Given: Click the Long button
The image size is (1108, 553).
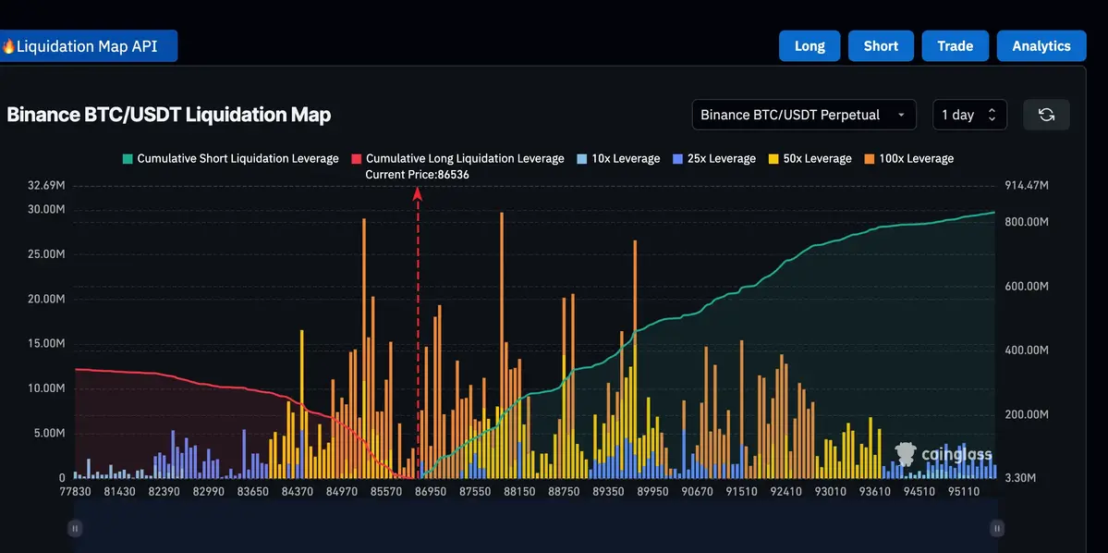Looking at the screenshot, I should pyautogui.click(x=810, y=46).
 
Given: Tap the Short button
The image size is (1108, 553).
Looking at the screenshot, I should pyautogui.click(x=881, y=46).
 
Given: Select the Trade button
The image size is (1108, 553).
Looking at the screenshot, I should pyautogui.click(x=955, y=46).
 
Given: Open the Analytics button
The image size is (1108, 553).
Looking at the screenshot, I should pyautogui.click(x=1041, y=46).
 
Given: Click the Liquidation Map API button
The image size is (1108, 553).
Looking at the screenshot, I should pyautogui.click(x=87, y=46).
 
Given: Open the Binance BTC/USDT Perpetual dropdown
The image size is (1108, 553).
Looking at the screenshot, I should pyautogui.click(x=803, y=115).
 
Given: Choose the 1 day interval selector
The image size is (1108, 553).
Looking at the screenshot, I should pyautogui.click(x=968, y=115).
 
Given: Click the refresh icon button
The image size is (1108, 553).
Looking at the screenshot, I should pyautogui.click(x=1046, y=115).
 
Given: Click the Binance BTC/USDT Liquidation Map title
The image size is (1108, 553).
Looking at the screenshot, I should pyautogui.click(x=169, y=115).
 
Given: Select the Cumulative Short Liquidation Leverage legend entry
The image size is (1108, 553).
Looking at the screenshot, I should pyautogui.click(x=230, y=159).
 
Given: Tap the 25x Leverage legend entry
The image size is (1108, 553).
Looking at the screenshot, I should pyautogui.click(x=714, y=159).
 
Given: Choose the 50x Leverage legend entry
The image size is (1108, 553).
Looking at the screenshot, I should pyautogui.click(x=810, y=159).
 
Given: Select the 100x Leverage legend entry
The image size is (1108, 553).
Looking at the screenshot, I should pyautogui.click(x=908, y=159).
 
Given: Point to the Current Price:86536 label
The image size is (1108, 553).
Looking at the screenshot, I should pyautogui.click(x=417, y=175).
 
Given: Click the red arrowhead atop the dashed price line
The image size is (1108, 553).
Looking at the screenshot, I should pyautogui.click(x=418, y=193).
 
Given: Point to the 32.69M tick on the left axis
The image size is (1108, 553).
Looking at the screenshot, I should pyautogui.click(x=46, y=186).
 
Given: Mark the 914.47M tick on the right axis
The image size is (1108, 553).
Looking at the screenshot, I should pyautogui.click(x=1026, y=186).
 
